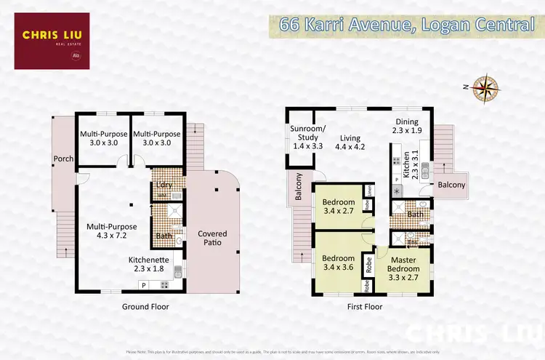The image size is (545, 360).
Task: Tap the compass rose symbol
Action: tap(483, 87)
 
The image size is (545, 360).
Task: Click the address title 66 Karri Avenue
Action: tap(406, 25)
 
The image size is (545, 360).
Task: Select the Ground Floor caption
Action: tap(145, 307)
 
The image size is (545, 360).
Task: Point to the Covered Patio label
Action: tap(212, 239)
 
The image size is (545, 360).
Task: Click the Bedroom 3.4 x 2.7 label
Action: tap(338, 207)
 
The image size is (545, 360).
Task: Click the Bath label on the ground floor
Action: tap(164, 236)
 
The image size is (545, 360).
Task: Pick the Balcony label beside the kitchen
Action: tap(451, 185)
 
